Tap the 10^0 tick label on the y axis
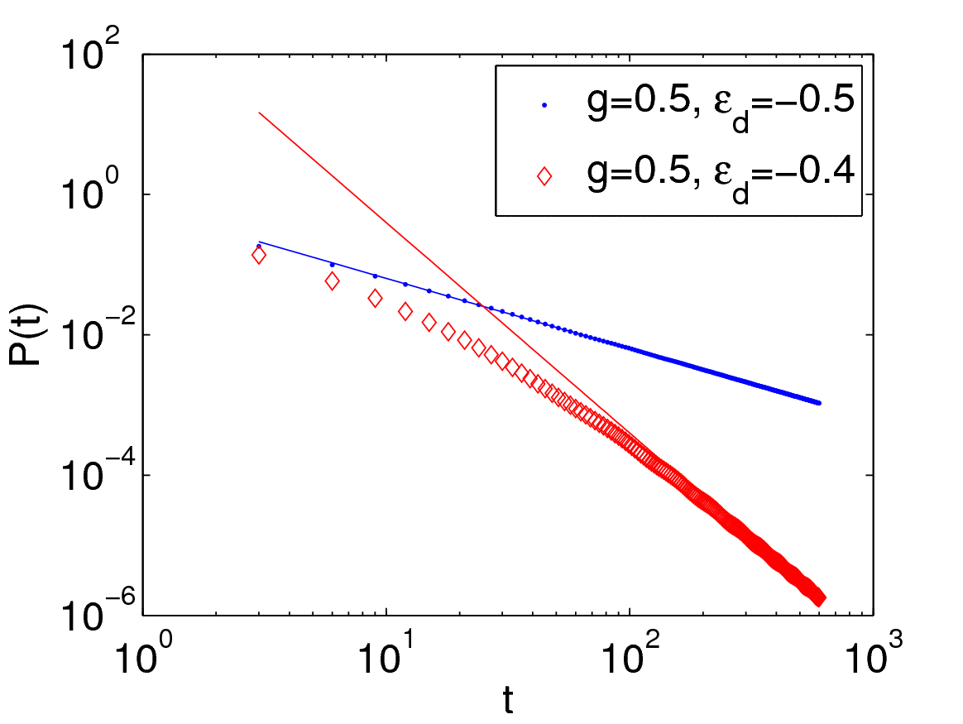click(93, 196)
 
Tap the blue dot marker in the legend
click(544, 105)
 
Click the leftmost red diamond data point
click(259, 256)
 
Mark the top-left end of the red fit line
click(260, 113)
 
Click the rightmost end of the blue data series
click(819, 403)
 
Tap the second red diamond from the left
click(332, 281)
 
